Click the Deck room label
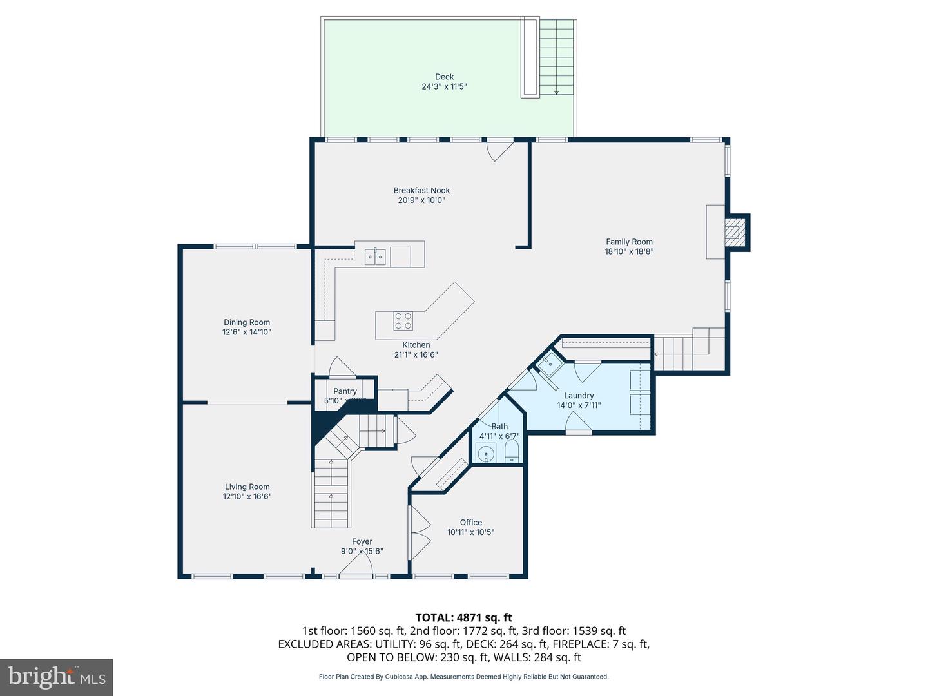[x=444, y=77]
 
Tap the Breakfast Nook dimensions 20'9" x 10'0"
[x=421, y=200]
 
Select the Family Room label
[x=629, y=242]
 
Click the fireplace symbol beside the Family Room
[x=734, y=233]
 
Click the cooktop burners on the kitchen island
[x=403, y=321]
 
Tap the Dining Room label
[x=247, y=322]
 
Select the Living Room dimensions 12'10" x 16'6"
[x=247, y=497]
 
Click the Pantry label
[x=345, y=391]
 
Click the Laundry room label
[x=579, y=396]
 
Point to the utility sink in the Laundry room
[x=550, y=364]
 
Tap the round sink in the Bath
[x=486, y=453]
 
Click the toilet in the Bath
[x=512, y=452]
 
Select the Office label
[x=471, y=523]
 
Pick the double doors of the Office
[x=420, y=532]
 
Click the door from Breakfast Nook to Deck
[x=499, y=150]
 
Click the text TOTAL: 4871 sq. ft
[x=463, y=617]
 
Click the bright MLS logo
[x=57, y=677]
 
